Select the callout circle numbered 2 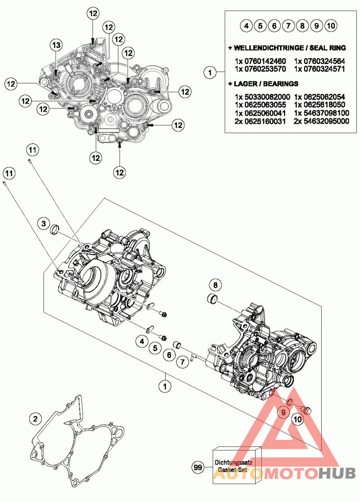pyautogui.click(x=34, y=418)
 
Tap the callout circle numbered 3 pyautogui.click(x=43, y=223)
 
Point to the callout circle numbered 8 pyautogui.click(x=216, y=285)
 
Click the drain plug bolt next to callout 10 pyautogui.click(x=307, y=410)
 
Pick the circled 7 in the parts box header pyautogui.click(x=288, y=26)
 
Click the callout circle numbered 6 pyautogui.click(x=169, y=355)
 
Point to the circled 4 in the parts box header pyautogui.click(x=246, y=26)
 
